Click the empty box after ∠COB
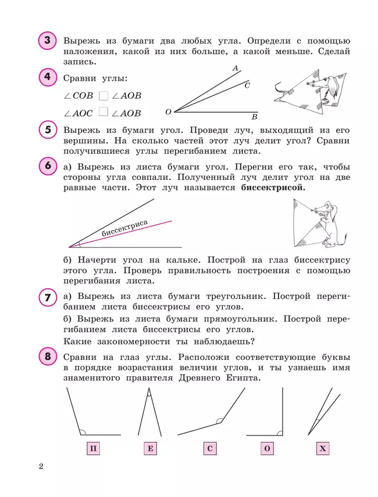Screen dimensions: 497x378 [104, 96]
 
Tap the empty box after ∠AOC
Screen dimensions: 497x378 [104, 113]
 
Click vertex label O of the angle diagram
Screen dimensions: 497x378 [168, 111]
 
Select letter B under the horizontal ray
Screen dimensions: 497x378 [254, 116]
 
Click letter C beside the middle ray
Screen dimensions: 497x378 [247, 85]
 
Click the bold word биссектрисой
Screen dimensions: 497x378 [272, 188]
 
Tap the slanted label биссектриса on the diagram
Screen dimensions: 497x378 [124, 228]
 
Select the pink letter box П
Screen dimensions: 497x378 [94, 448]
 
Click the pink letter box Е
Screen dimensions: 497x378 [151, 448]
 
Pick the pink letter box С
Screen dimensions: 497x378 [211, 448]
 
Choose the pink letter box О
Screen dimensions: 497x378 [268, 448]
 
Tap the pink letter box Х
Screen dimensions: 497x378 [323, 448]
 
